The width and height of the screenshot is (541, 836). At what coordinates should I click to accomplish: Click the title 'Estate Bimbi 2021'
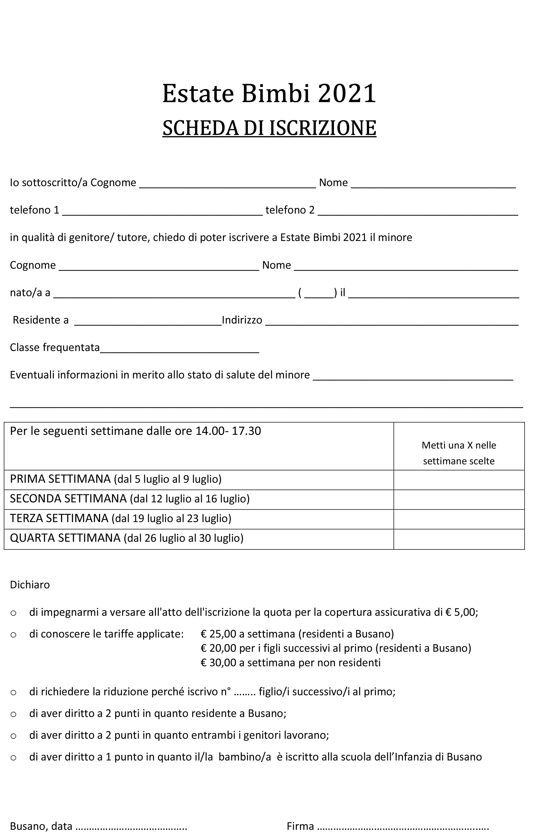click(x=269, y=93)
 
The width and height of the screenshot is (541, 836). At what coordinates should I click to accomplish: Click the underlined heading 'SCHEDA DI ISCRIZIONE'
click(x=269, y=128)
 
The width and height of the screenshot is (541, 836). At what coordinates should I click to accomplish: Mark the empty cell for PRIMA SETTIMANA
click(x=459, y=480)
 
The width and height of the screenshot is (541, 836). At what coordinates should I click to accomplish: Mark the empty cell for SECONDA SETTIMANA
click(x=459, y=500)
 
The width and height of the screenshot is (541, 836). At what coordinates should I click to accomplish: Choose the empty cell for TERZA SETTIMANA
click(x=459, y=519)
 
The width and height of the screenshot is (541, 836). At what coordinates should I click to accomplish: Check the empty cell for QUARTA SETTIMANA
click(x=459, y=539)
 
